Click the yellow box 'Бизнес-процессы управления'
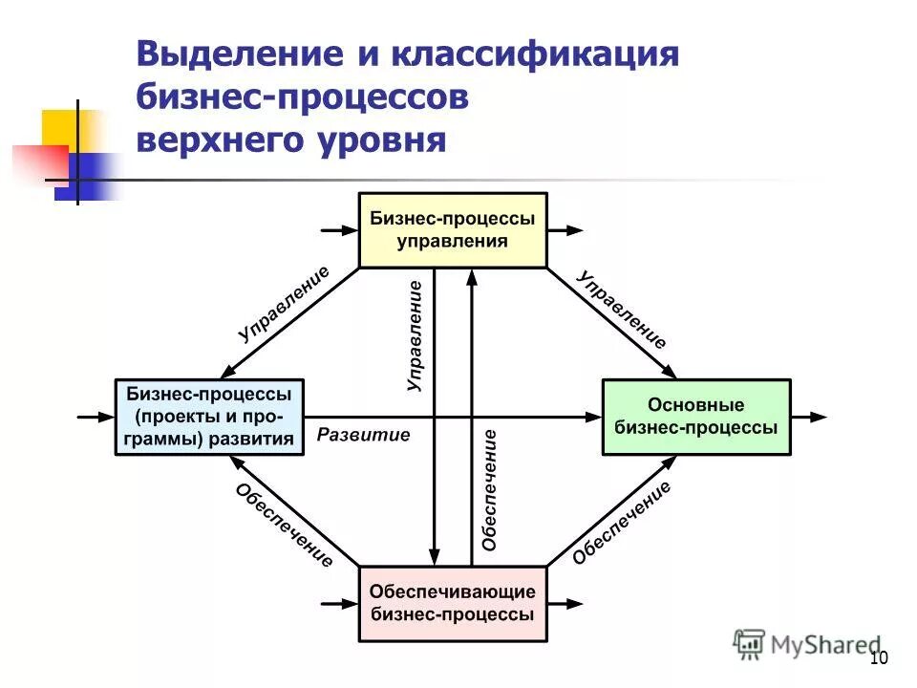click(452, 230)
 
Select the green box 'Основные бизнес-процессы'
click(695, 418)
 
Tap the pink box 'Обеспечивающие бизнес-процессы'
click(452, 604)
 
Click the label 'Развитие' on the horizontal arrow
click(363, 436)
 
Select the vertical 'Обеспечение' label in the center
click(489, 489)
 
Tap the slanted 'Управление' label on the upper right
click(622, 308)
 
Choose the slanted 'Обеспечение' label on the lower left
click(284, 526)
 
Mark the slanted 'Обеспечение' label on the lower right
click(622, 524)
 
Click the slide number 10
click(879, 657)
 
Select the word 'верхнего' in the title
click(213, 140)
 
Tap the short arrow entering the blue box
click(96, 418)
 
